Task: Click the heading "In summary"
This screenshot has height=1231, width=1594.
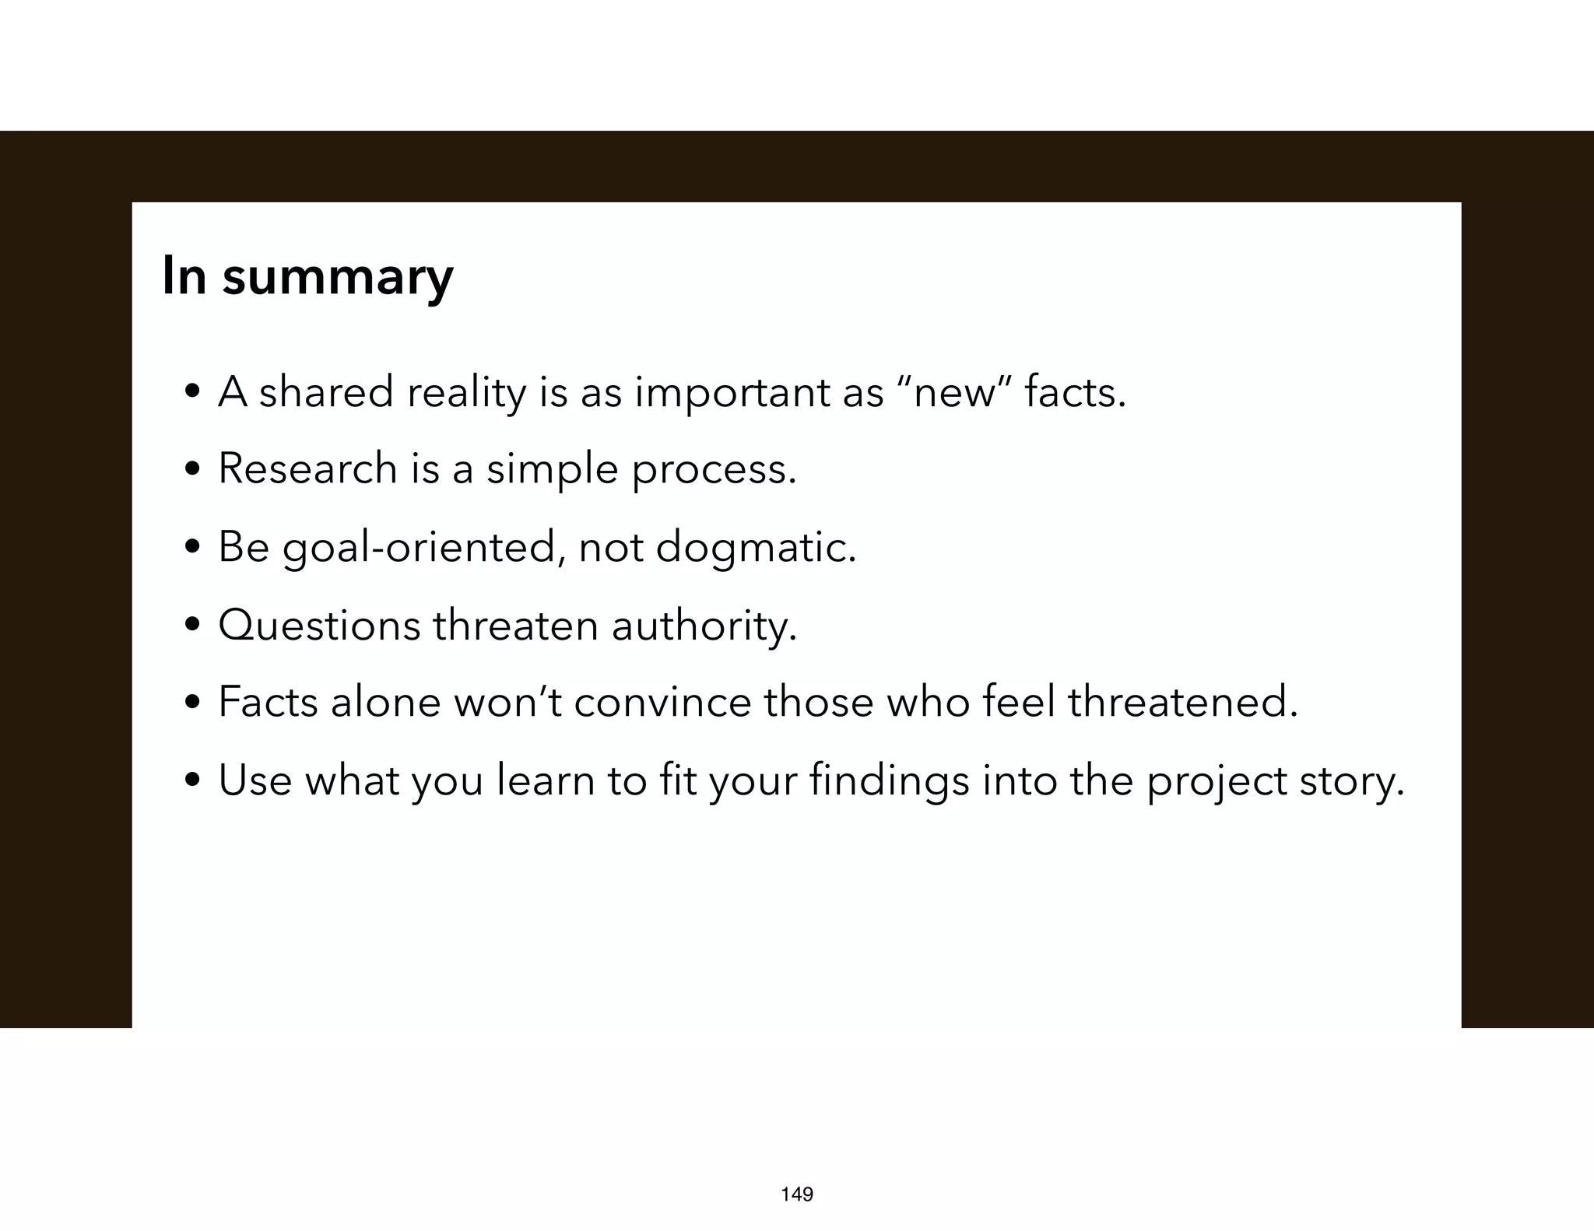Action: point(307,276)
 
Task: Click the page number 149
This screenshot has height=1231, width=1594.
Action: point(797,1194)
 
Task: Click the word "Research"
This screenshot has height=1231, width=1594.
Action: point(307,469)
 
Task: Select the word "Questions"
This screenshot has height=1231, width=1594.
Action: point(319,626)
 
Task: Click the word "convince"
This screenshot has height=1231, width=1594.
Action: point(662,703)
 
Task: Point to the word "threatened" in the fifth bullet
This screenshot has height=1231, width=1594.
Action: point(1181,703)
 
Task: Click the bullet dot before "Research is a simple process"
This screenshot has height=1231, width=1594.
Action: point(192,470)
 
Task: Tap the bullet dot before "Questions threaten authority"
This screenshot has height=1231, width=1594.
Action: point(192,626)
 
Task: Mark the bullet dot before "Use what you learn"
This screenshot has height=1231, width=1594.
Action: point(192,780)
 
